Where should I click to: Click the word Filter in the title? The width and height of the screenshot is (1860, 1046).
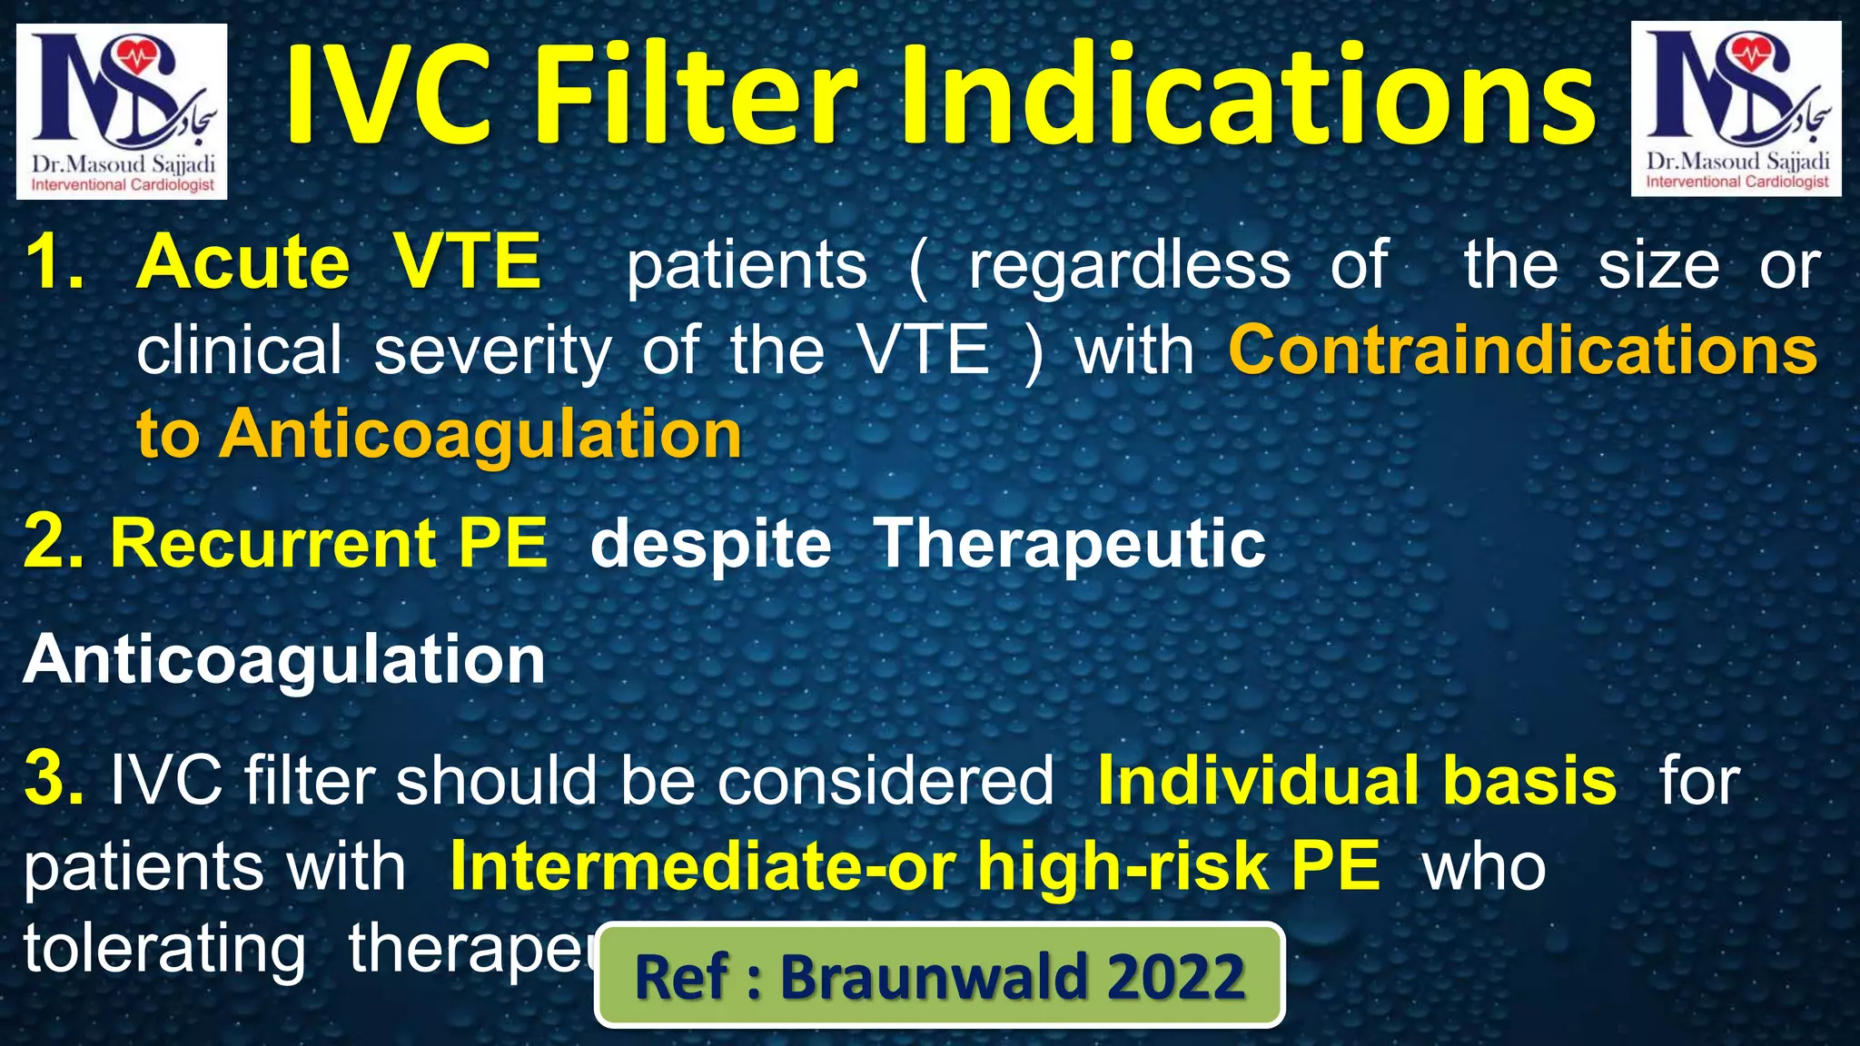(694, 98)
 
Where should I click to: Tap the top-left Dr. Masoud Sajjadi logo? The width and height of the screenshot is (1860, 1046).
(122, 111)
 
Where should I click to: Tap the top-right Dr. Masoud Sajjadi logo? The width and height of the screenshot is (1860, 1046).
(1736, 109)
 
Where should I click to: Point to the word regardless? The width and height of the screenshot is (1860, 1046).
(1129, 267)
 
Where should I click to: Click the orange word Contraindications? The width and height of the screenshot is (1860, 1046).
(1523, 350)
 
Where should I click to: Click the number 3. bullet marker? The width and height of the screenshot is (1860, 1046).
(54, 779)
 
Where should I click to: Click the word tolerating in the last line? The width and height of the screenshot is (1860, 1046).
(164, 950)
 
